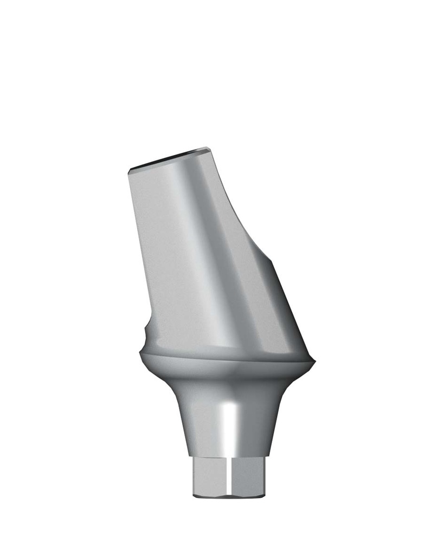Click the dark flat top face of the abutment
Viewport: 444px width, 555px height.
click(168, 157)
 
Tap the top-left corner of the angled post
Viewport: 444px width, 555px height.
click(128, 171)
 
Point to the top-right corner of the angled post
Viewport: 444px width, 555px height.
click(208, 148)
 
